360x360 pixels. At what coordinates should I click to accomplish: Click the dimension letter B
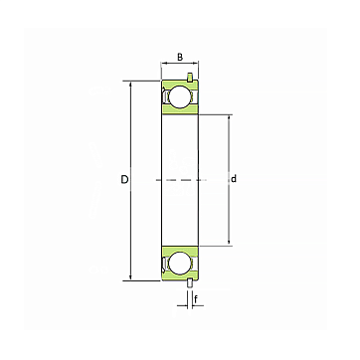[180, 57]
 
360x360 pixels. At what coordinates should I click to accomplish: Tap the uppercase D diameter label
[124, 179]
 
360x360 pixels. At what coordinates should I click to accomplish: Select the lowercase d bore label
[234, 179]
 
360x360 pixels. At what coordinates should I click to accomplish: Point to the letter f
[196, 300]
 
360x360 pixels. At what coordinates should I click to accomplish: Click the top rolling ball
[180, 97]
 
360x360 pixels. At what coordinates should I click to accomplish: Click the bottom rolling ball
[180, 264]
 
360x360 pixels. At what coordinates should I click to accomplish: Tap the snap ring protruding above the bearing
[190, 77]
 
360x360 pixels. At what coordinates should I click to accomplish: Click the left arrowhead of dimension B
[163, 62]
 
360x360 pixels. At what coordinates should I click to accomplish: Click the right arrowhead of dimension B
[196, 62]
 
